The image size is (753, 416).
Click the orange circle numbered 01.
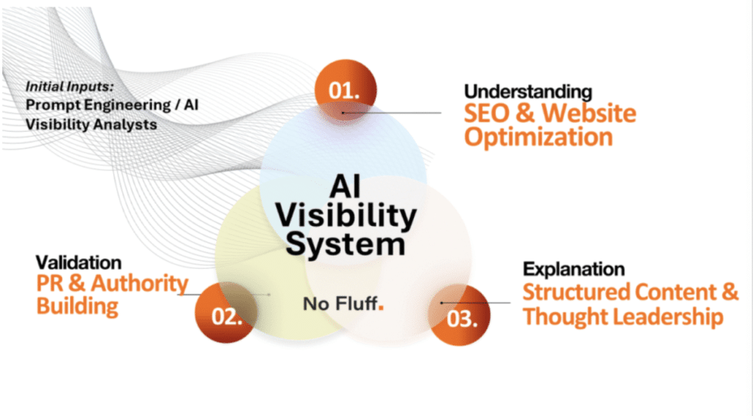[344, 92]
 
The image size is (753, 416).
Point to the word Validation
[79, 262]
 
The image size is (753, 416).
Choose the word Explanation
[574, 268]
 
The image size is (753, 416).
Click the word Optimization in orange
[538, 137]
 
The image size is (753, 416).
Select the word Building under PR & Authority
[77, 305]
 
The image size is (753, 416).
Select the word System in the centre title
[345, 242]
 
